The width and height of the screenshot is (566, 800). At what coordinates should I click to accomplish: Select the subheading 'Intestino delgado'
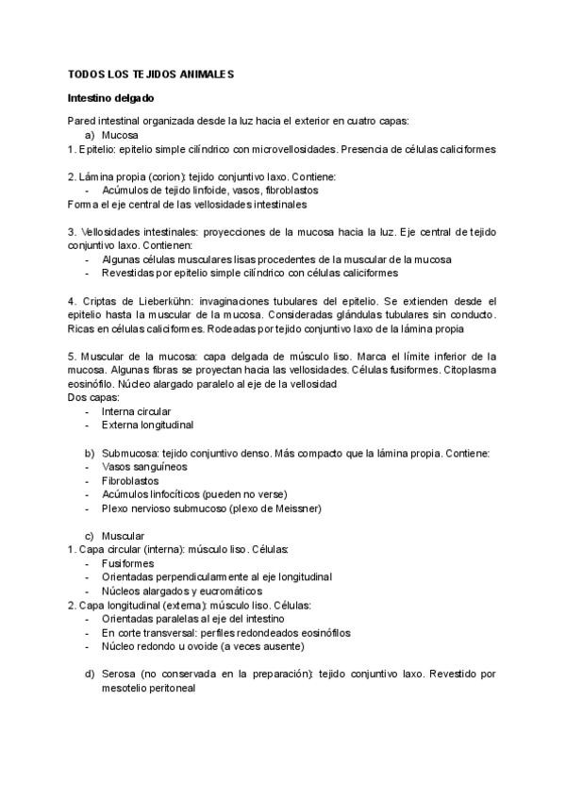click(x=110, y=97)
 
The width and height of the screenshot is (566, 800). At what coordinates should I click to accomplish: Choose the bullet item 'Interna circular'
click(x=136, y=411)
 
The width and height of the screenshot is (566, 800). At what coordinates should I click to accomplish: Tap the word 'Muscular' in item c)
click(x=123, y=536)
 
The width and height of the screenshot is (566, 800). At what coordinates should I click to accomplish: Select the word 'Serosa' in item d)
click(x=117, y=675)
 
